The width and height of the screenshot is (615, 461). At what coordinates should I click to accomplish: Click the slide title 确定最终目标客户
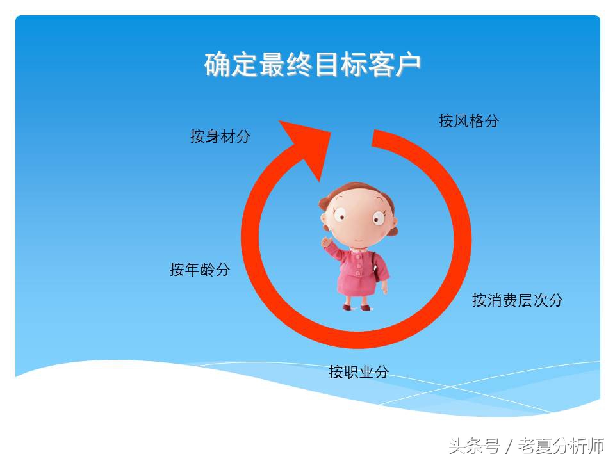tap(313, 65)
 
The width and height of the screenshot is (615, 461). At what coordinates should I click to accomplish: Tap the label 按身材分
tap(220, 136)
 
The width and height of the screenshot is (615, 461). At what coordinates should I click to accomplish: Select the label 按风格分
tap(468, 121)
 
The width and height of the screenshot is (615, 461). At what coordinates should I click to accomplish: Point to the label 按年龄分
tap(199, 270)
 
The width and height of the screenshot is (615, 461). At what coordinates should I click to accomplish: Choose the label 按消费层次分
tap(517, 300)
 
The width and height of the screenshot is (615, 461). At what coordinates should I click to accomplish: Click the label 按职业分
tap(358, 372)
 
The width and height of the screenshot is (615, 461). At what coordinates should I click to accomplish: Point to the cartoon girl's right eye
tap(377, 218)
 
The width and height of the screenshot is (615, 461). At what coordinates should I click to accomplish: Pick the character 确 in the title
tap(218, 65)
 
